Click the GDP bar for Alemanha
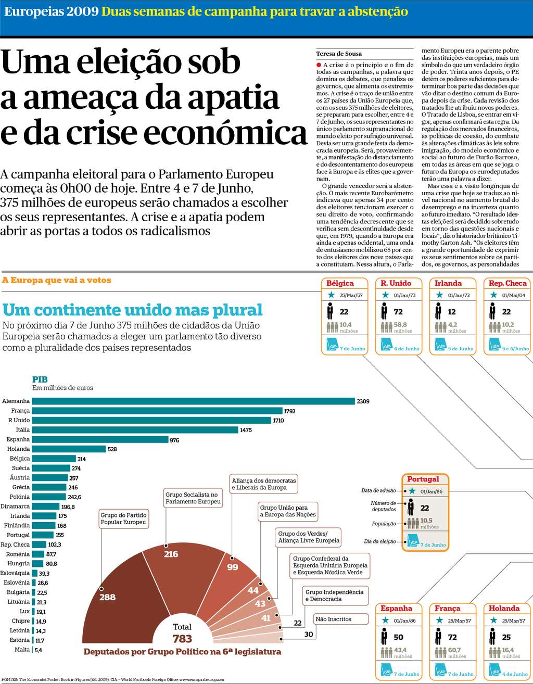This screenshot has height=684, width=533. [x=193, y=401]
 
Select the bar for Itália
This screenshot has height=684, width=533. [x=135, y=430]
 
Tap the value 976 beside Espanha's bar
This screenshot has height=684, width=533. [x=174, y=440]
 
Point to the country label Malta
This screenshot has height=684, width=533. [x=22, y=650]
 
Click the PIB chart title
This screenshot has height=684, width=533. [x=40, y=379]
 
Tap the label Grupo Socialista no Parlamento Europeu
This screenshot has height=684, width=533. [x=193, y=498]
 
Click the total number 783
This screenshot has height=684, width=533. [x=182, y=639]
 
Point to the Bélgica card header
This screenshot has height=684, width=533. [x=340, y=283]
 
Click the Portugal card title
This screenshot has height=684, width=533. [x=423, y=479]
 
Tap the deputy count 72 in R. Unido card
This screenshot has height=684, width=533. [x=398, y=312]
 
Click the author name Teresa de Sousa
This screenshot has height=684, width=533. [x=339, y=54]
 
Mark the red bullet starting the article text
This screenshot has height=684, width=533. [x=319, y=65]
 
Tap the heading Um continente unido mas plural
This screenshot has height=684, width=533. [x=132, y=310]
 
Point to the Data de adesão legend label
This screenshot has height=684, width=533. [x=378, y=490]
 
